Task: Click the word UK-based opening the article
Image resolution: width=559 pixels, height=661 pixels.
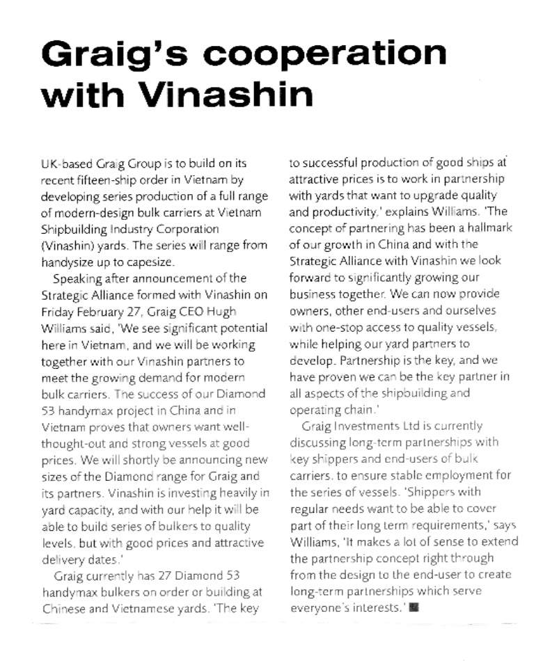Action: point(68,164)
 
